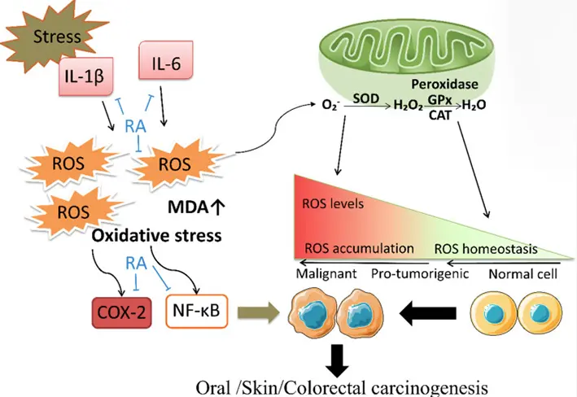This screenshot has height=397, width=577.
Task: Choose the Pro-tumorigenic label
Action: coord(420,273)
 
